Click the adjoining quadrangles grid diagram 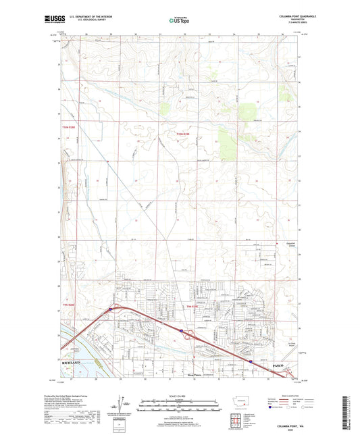pos(240,419)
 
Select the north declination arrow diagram pos(122,406)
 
